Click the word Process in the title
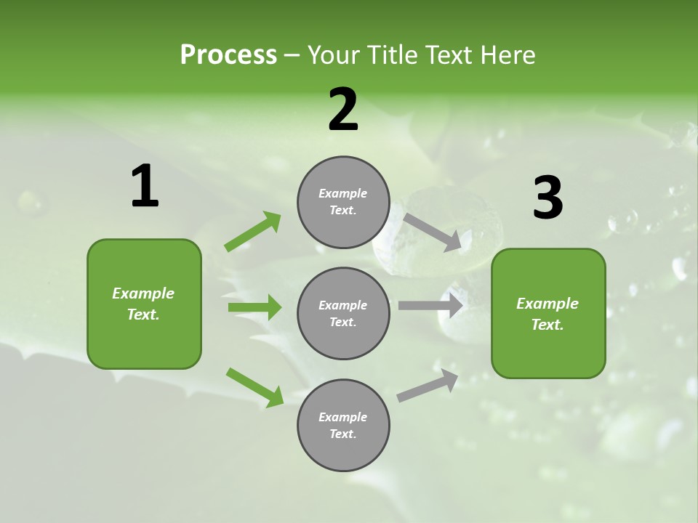point(228,54)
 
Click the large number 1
point(145,187)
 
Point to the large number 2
point(343,110)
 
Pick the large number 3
point(547,198)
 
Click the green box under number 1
point(144,304)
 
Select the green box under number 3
point(548,314)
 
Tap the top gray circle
point(343,202)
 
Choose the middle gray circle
point(343,314)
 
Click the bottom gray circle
point(343,426)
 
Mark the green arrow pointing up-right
point(253,232)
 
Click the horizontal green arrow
point(254,307)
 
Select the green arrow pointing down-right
point(254,387)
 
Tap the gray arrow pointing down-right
point(432,232)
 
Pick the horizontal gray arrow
point(430,306)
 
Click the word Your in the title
point(334,54)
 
